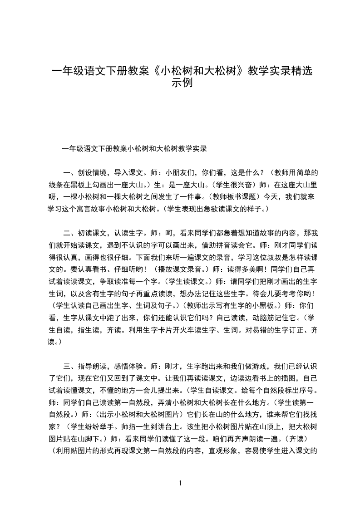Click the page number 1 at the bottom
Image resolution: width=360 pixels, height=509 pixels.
(180, 483)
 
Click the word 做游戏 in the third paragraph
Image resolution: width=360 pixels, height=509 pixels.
(248, 366)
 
